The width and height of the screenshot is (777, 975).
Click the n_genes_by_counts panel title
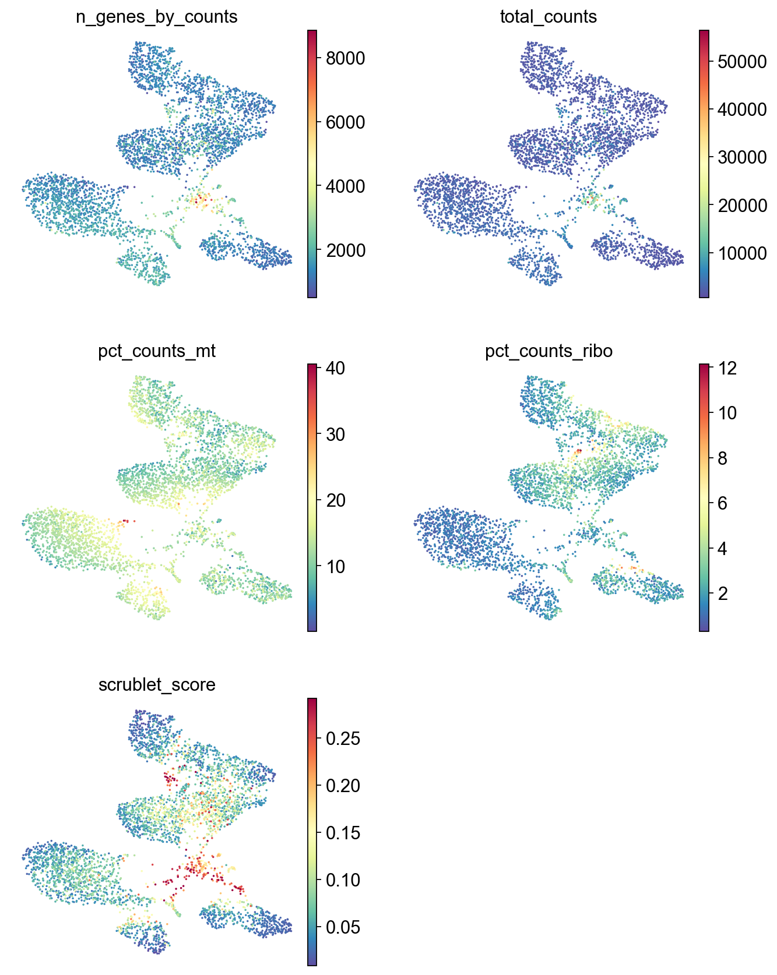pos(157,17)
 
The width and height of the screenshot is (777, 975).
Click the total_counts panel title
pos(549,17)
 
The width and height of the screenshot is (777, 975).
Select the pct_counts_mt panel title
pos(157,351)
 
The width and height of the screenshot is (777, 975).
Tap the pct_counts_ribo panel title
pos(549,351)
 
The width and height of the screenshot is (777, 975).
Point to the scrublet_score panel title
pos(157,684)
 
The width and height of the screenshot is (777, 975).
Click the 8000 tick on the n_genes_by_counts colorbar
pos(345,58)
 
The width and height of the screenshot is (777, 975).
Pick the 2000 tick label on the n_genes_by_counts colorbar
pos(345,250)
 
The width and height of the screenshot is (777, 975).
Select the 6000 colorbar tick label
pos(345,122)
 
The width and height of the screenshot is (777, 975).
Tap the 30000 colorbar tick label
pos(742,157)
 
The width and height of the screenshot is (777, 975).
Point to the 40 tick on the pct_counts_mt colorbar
pos(336,368)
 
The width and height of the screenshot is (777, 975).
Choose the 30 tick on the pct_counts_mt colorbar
pos(336,434)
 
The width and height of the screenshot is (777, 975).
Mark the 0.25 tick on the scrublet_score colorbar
pos(343,739)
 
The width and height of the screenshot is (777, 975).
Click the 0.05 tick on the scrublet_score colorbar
pos(343,927)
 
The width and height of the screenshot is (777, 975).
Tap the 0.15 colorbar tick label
pos(343,833)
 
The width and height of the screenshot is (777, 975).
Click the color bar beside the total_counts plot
pos(704,164)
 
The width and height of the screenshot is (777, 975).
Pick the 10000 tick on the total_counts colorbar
pos(742,253)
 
